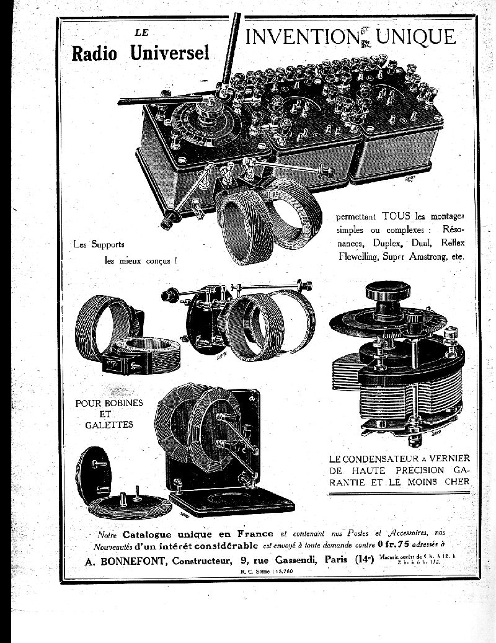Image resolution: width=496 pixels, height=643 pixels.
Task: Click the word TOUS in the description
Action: click(396, 216)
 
